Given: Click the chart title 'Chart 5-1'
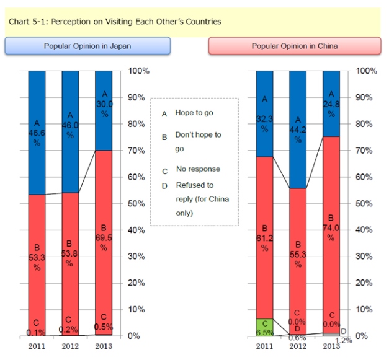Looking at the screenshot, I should [115, 22].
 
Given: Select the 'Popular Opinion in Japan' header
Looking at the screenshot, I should [87, 46].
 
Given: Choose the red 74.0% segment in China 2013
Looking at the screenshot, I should [332, 235].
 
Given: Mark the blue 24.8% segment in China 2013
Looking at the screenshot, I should [332, 103].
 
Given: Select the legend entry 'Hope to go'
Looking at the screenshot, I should [192, 113].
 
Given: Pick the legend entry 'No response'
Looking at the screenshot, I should [198, 169].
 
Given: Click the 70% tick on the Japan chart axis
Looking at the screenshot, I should [138, 151].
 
